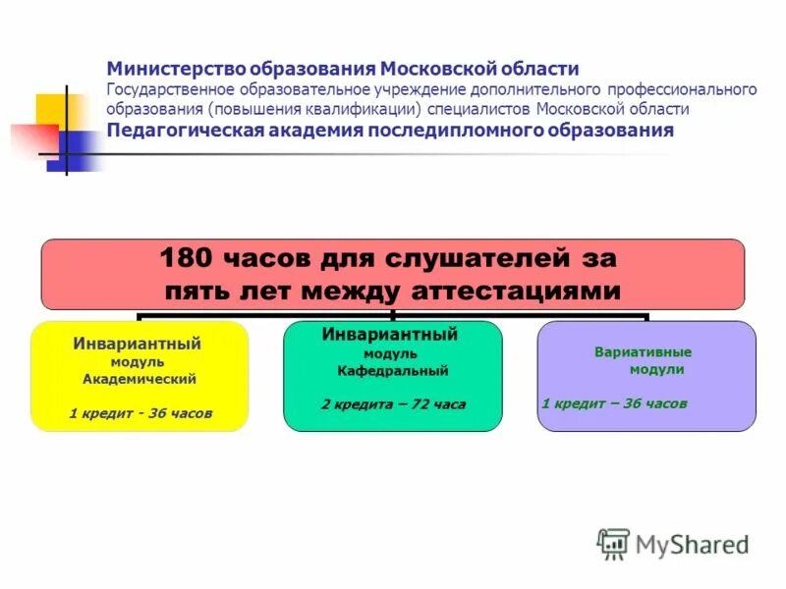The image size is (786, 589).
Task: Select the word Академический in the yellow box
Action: tap(140, 379)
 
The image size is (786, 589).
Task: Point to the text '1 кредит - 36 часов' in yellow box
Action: tap(140, 413)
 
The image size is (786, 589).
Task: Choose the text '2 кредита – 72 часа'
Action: tap(393, 403)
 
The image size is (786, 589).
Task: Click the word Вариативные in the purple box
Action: tap(644, 351)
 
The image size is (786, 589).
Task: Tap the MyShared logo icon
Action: tap(613, 543)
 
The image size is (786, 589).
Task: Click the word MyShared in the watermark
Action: tap(692, 544)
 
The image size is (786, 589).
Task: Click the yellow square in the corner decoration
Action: tap(50, 109)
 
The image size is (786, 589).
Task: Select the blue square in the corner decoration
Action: tap(73, 150)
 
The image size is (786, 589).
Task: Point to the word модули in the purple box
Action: tap(656, 370)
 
